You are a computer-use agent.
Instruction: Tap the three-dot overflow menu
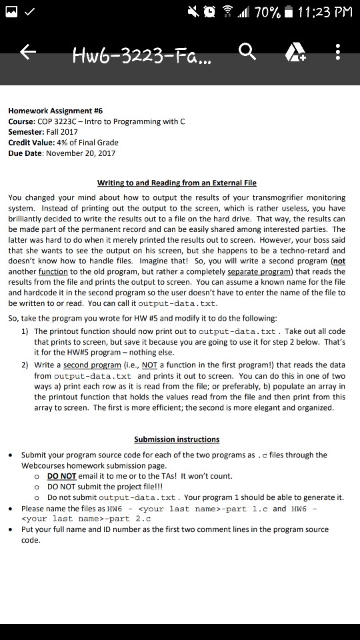(339, 52)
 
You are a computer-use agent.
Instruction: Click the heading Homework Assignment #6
(55, 111)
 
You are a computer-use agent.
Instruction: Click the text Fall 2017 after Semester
(62, 131)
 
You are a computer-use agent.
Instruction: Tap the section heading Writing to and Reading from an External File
(177, 183)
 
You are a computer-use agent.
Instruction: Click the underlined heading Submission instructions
(177, 439)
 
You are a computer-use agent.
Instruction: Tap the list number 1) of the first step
(25, 331)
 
